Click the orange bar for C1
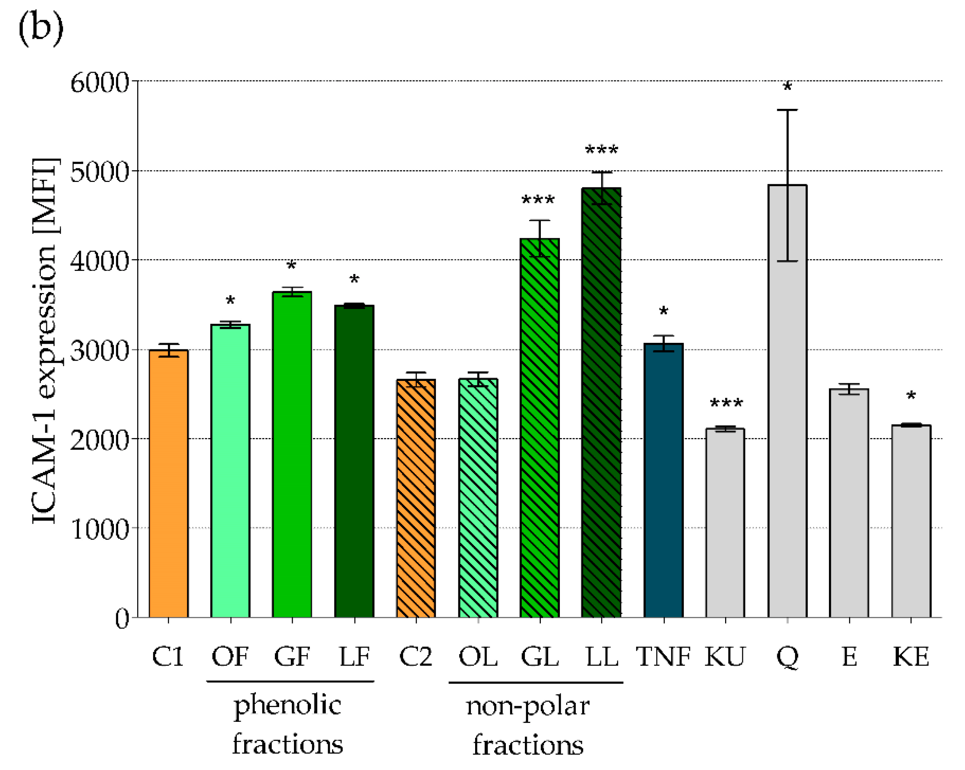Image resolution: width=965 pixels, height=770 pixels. (168, 483)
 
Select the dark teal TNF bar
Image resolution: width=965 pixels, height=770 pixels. (663, 481)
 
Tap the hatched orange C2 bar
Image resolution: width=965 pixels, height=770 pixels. (416, 499)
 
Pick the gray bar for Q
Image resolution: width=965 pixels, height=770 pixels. (787, 403)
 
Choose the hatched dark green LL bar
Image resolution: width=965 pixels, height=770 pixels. (601, 403)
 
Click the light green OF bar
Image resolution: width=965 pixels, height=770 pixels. (230, 470)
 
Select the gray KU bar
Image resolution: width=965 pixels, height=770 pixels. (725, 524)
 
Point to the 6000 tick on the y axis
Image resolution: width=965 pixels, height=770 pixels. (100, 83)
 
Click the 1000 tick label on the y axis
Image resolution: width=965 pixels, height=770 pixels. (100, 530)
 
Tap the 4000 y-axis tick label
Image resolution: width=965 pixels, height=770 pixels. (100, 261)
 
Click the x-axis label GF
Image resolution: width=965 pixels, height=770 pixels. (292, 657)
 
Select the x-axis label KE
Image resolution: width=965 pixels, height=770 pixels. (911, 657)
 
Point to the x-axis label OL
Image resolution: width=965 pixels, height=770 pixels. (477, 657)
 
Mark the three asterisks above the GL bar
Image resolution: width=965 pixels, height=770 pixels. (538, 199)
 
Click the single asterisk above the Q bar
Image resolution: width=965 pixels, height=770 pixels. (787, 86)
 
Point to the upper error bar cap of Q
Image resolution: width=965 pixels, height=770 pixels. (787, 110)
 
